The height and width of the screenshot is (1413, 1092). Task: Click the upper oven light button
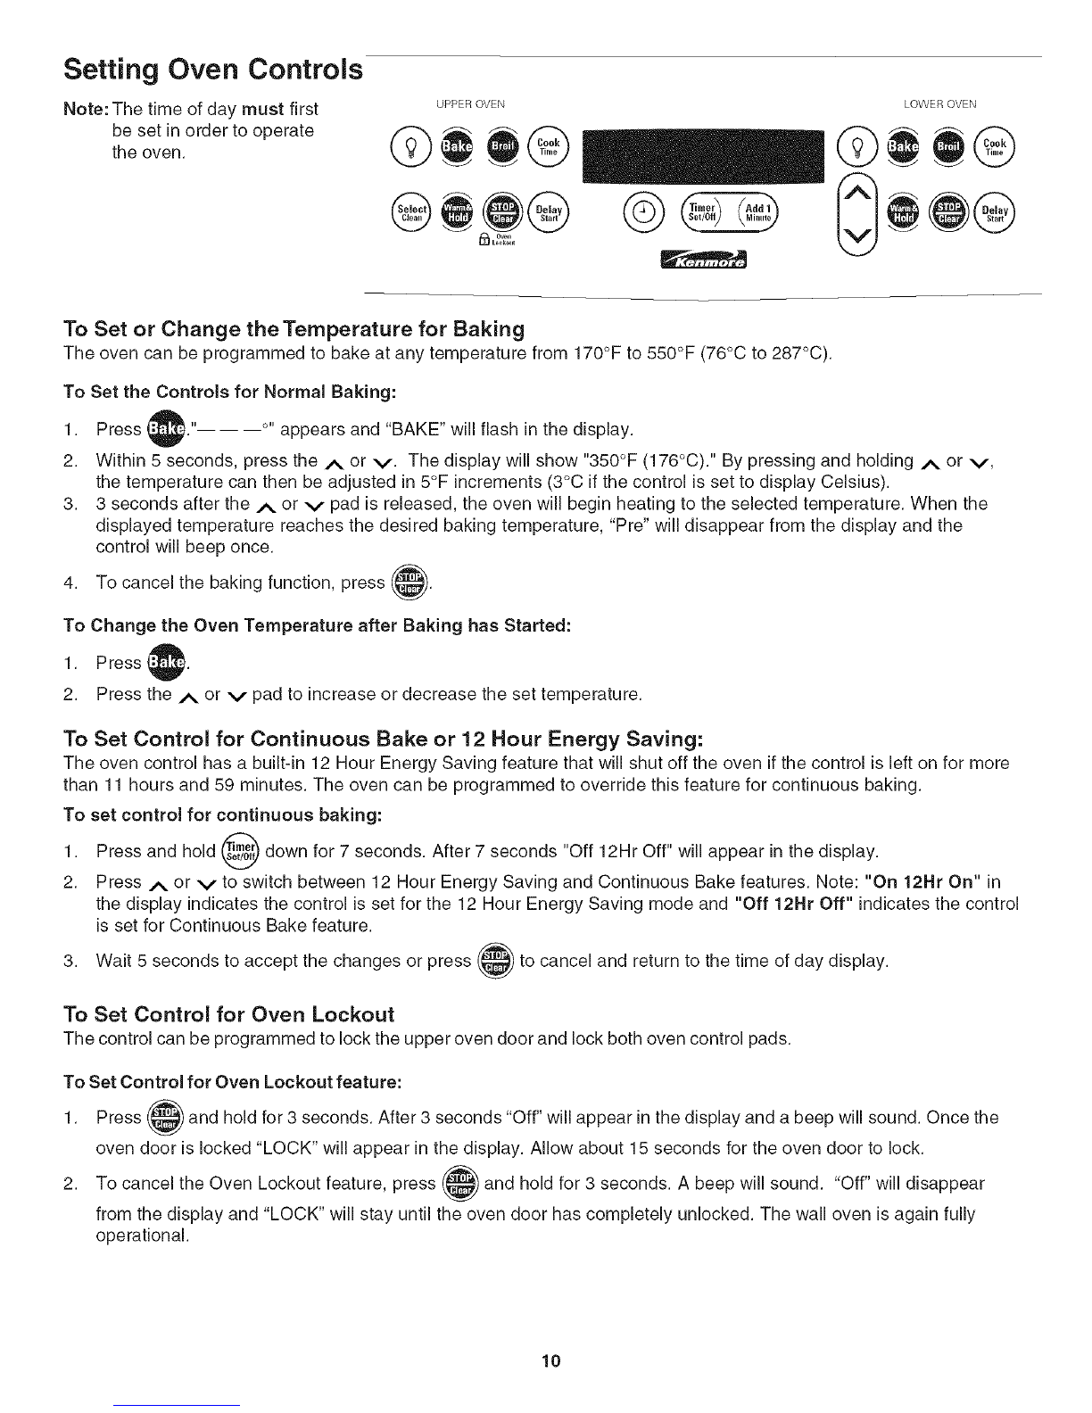(x=410, y=147)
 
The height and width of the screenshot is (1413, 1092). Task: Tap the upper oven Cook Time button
(x=549, y=147)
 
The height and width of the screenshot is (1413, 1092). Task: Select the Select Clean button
(x=411, y=212)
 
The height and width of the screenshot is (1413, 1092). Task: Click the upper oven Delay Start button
(x=549, y=212)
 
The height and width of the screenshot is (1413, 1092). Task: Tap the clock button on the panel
(x=644, y=212)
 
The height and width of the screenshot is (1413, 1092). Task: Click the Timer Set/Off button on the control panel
(x=701, y=212)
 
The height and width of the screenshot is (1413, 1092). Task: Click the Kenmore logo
(x=704, y=260)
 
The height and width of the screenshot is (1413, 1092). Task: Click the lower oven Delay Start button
(x=995, y=212)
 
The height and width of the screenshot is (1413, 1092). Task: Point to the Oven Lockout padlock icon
(x=484, y=239)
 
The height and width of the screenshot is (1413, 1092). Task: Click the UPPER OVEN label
(x=470, y=104)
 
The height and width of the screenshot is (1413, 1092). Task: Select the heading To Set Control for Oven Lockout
(x=229, y=1013)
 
